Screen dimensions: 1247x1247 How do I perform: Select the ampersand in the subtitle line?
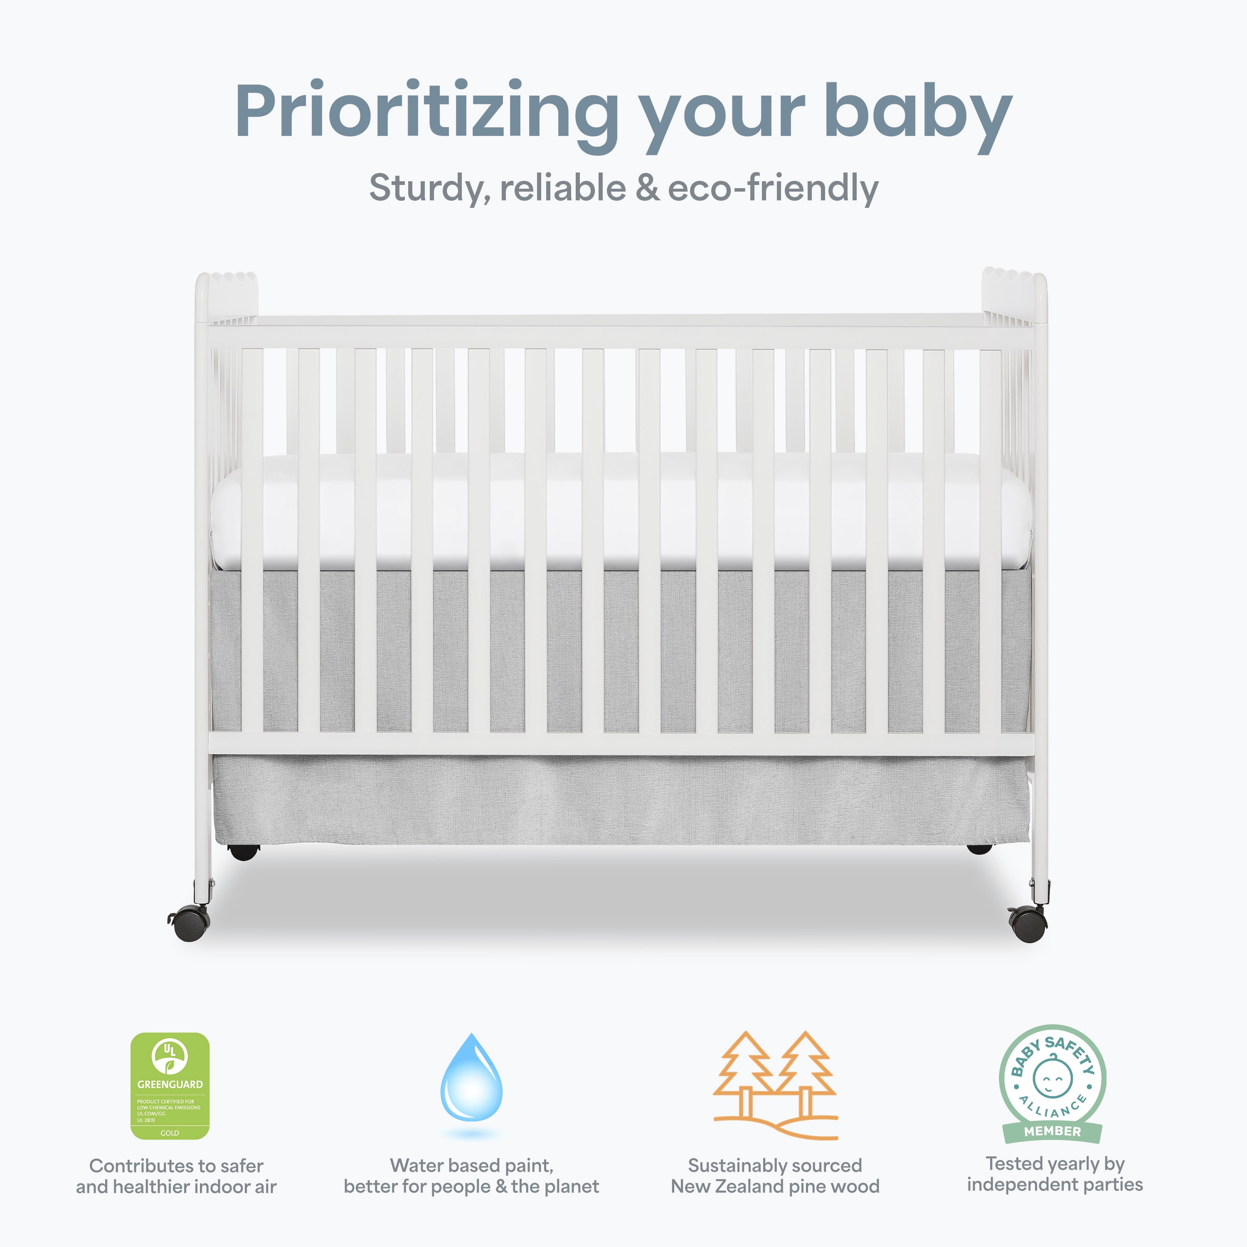coord(647,188)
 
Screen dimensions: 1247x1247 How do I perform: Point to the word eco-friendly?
coord(773,188)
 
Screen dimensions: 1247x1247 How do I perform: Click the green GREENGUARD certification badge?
coord(170,1086)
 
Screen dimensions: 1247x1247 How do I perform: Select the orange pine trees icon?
coord(775,1086)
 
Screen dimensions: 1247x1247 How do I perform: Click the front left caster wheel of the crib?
coord(190,922)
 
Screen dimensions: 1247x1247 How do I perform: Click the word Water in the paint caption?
coord(414,1166)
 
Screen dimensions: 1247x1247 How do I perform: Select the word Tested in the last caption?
coord(1011,1164)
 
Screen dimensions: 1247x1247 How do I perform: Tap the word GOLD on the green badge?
coord(170,1133)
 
